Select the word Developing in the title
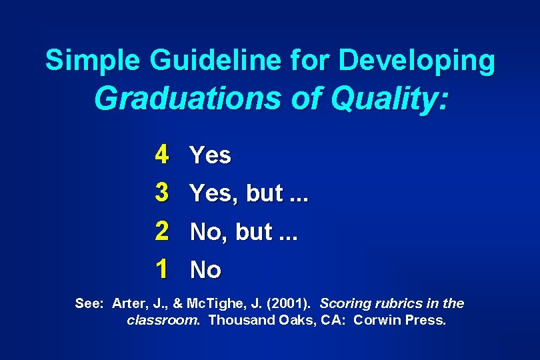[417, 61]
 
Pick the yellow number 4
[161, 155]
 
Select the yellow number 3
[161, 193]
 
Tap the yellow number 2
[161, 231]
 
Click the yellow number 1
[161, 269]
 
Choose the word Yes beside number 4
[210, 155]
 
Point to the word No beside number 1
[205, 270]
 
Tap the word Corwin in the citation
[376, 320]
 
